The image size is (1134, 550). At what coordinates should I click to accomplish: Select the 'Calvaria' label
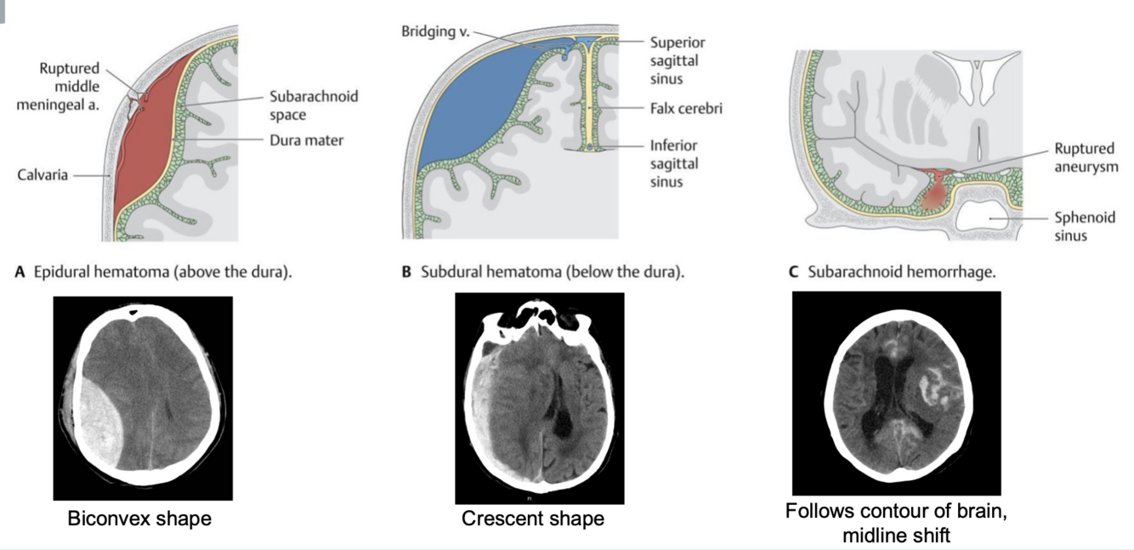(43, 175)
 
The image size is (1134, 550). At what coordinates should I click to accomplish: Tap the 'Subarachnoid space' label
(314, 105)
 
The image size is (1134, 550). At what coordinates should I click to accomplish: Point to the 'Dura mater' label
(306, 140)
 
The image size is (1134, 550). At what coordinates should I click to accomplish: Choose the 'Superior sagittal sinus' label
(678, 60)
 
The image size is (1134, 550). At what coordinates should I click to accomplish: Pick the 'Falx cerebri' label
(686, 109)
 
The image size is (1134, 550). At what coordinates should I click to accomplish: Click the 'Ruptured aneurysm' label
(1084, 157)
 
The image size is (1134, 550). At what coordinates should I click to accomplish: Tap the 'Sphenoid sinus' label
(1084, 226)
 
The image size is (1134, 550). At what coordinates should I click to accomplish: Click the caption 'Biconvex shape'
(139, 518)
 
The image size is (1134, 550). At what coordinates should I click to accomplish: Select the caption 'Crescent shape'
(533, 518)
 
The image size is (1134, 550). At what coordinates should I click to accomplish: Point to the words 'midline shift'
(896, 536)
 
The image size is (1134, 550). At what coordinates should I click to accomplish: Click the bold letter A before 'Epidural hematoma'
(20, 273)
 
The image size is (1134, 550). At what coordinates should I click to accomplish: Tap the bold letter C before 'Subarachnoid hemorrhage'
(793, 273)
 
